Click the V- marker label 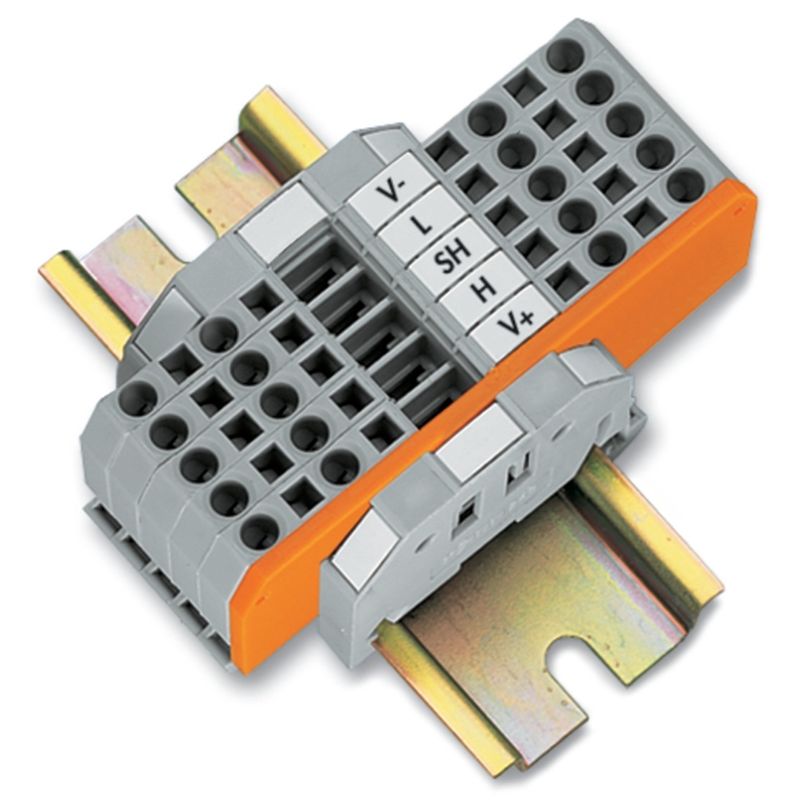pos(391,191)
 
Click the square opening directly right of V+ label pos(567,281)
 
